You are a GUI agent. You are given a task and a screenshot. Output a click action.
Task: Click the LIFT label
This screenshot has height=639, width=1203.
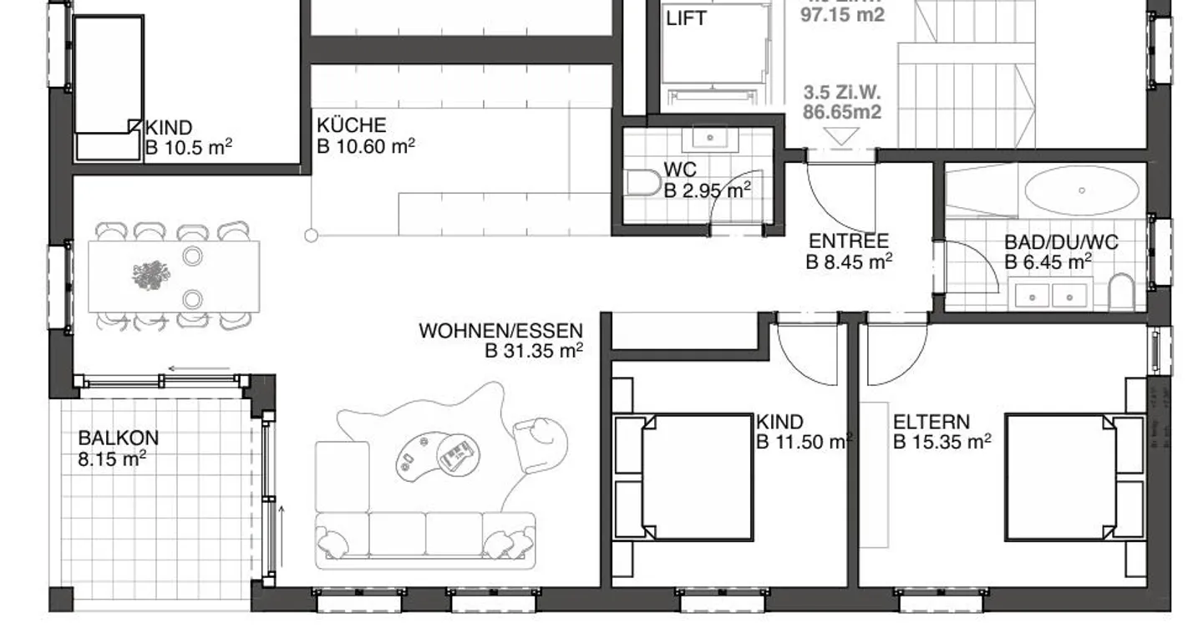pos(686,18)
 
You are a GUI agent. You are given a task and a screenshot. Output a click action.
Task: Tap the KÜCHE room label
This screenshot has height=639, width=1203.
pos(351,126)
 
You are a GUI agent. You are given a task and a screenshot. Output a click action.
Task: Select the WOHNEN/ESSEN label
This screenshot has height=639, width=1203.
pos(500,331)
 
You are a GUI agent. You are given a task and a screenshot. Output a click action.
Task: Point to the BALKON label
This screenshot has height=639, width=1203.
pos(118,438)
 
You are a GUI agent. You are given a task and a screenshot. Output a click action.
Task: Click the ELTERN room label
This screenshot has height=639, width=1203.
pos(931,421)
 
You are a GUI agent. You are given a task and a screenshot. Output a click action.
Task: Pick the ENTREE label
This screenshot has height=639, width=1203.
pos(848,241)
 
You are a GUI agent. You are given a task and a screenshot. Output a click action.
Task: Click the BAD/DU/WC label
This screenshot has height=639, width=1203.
pos(1060,243)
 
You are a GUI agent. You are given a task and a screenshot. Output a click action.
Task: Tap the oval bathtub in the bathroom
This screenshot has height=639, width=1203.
pos(1081,191)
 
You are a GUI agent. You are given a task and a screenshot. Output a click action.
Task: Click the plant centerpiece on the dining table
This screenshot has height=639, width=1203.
pos(150,275)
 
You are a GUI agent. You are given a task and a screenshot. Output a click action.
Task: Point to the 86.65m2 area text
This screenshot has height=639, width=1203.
pos(842,111)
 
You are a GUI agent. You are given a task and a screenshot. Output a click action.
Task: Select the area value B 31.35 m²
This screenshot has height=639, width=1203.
pos(534,352)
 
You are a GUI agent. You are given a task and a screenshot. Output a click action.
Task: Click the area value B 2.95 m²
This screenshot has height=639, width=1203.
pos(707,190)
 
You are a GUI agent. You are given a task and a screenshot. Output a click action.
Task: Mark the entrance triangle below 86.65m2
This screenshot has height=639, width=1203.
pos(840,136)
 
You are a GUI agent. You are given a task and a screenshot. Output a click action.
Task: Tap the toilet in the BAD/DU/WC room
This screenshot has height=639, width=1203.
pos(1120,293)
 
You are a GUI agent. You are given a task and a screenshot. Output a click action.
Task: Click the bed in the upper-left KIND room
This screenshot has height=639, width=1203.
pos(108,84)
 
